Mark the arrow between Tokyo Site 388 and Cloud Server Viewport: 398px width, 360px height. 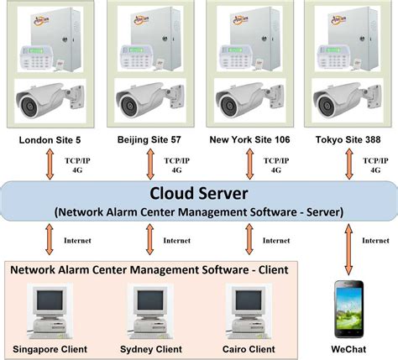(x=348, y=164)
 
